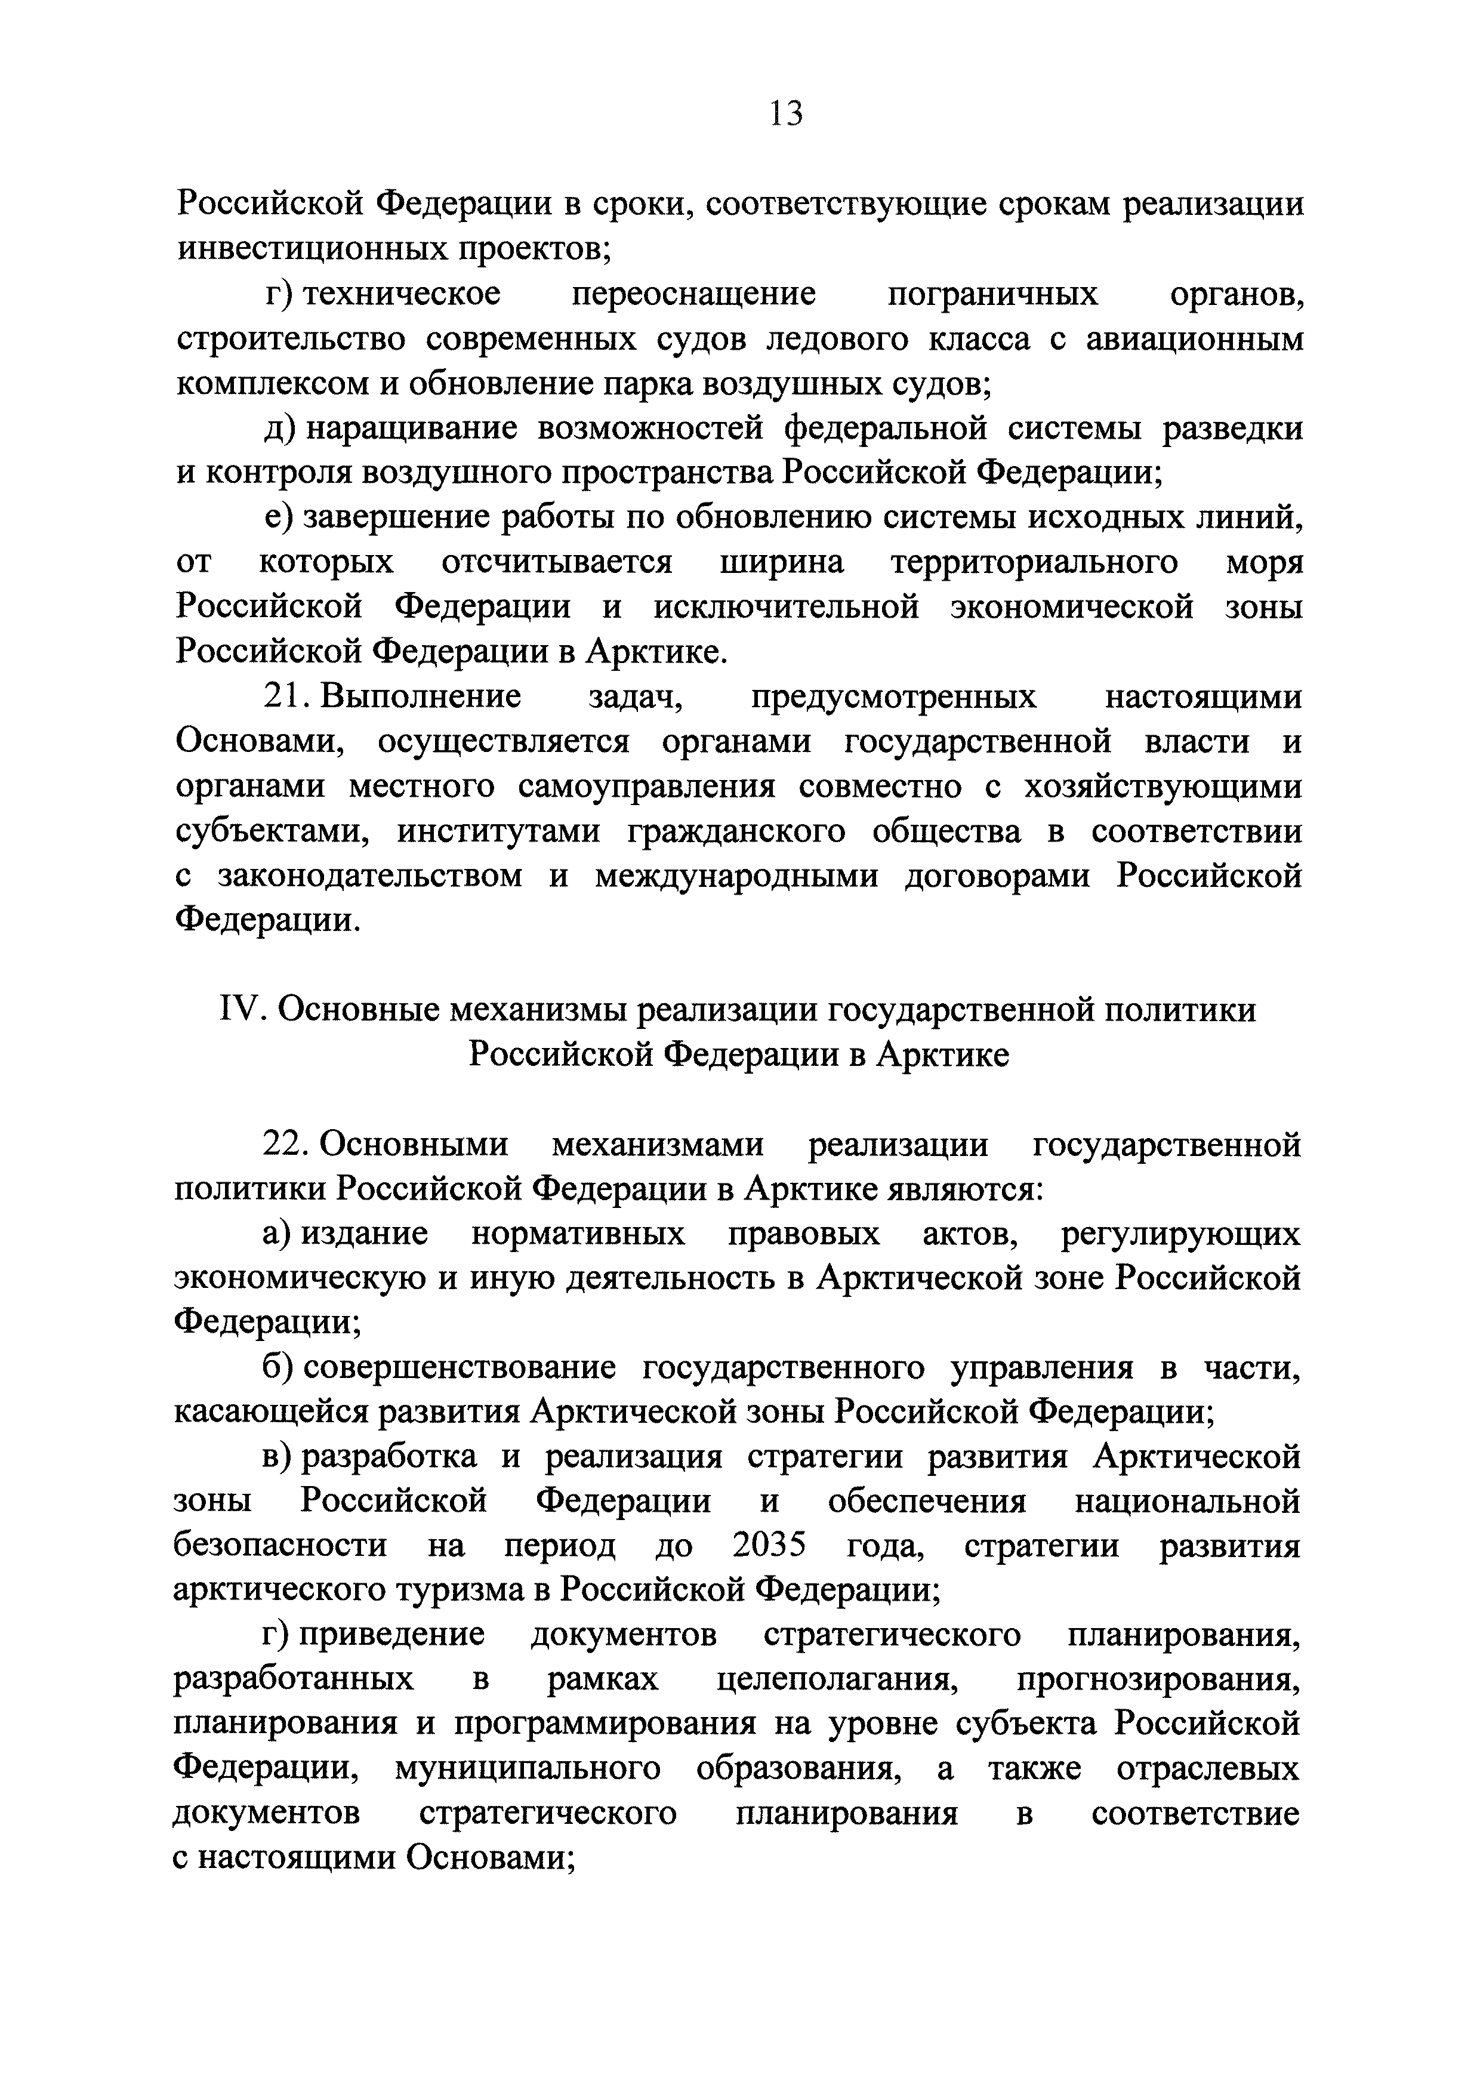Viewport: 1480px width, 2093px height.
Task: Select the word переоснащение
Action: click(695, 294)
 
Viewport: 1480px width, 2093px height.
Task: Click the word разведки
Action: click(1232, 429)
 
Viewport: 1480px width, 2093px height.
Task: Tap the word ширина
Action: click(782, 562)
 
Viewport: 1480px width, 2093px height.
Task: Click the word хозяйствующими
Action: click(1162, 786)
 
